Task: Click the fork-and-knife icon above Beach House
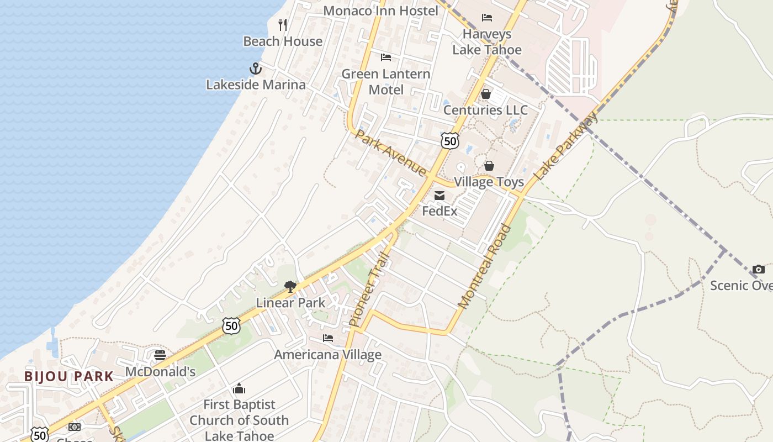(283, 24)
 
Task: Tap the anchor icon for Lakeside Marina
(255, 69)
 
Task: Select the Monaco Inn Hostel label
(380, 10)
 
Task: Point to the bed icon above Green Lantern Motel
(386, 57)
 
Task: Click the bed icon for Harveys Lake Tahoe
(487, 18)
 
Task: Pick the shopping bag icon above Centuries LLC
(486, 94)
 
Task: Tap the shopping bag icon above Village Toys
(489, 165)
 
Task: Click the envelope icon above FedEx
(440, 195)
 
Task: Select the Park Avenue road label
(391, 152)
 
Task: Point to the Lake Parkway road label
(566, 146)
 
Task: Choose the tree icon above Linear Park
(290, 286)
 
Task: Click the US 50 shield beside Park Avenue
(450, 140)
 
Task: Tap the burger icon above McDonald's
(160, 355)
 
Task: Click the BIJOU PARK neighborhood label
(69, 377)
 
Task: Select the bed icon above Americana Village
(328, 338)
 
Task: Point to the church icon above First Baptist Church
(239, 388)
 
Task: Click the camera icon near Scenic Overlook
(759, 269)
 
